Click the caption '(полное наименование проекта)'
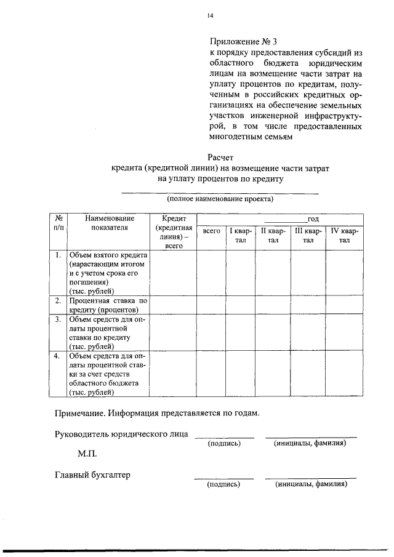[220, 199]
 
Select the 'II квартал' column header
[273, 236]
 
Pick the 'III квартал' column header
[308, 236]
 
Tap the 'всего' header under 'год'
[211, 231]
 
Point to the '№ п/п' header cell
[57, 223]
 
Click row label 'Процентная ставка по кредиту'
[108, 305]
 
